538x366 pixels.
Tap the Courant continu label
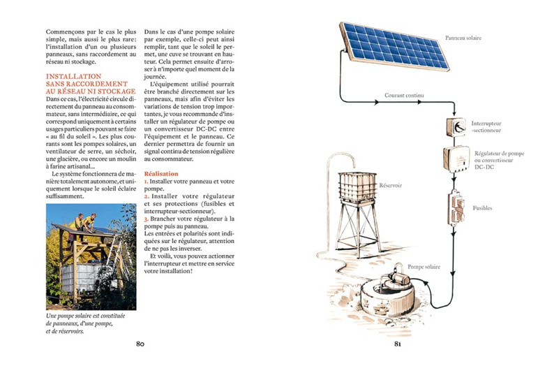click(x=404, y=95)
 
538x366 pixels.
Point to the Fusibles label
click(x=482, y=207)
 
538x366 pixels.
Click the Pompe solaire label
click(x=423, y=266)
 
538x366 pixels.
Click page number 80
click(x=140, y=343)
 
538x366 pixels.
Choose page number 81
click(x=398, y=343)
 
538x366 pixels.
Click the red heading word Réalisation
click(x=160, y=173)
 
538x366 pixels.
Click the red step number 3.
click(x=146, y=219)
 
